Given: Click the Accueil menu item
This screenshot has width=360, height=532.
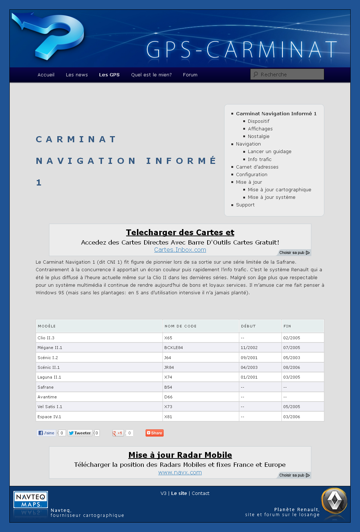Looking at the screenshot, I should pos(46,75).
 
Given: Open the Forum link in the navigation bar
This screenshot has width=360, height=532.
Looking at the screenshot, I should pos(190,75).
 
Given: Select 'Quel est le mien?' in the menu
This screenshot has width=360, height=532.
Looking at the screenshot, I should pos(151,75).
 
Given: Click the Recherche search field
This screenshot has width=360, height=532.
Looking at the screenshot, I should pos(287,75).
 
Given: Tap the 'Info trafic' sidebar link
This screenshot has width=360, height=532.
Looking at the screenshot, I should pos(259,159).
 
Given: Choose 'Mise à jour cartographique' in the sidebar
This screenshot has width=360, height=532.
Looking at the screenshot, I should pos(279,190).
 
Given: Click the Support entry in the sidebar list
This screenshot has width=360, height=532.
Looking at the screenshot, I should pos(245,205).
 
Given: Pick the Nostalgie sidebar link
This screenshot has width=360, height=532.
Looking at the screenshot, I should pos(258,137).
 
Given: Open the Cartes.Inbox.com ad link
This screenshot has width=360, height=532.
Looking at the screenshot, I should pos(180,250).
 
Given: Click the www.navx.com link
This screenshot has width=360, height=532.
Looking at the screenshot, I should pos(180,473).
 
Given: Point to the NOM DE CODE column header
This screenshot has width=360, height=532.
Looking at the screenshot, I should pos(181,326).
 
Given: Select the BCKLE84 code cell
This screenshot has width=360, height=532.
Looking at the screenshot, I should pos(174,348).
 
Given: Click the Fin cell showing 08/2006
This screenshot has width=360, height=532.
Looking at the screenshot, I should pos(292,368).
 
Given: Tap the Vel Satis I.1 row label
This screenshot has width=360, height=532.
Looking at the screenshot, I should pos(50,407).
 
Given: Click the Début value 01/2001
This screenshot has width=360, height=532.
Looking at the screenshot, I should pos(249,377).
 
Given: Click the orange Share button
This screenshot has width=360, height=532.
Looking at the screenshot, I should pos(155,433).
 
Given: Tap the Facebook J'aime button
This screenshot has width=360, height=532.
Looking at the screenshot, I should pos(46,433).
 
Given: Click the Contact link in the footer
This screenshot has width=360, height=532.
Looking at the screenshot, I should pos(200,493).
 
